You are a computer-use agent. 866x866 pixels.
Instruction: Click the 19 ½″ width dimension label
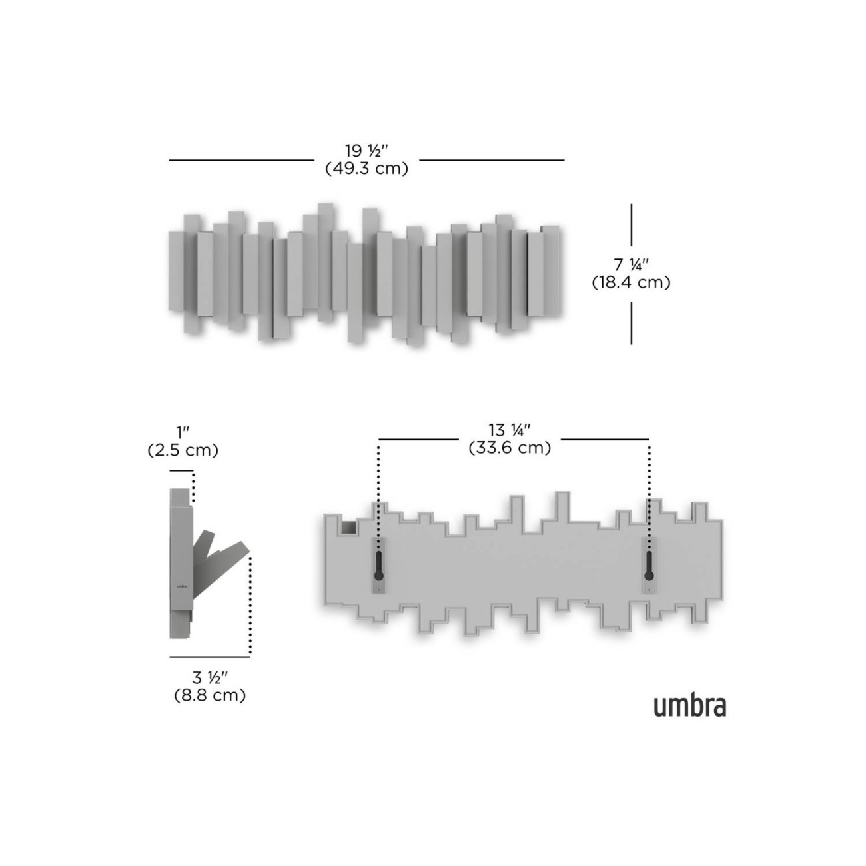point(366,150)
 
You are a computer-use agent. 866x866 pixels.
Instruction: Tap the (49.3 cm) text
point(366,169)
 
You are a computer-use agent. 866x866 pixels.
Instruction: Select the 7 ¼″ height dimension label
point(631,264)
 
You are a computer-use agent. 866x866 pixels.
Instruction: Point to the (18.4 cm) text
point(631,282)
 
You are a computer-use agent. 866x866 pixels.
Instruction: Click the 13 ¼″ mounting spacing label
point(510,430)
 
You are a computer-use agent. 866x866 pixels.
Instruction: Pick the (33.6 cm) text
point(510,448)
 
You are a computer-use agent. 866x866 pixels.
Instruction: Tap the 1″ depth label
point(183,432)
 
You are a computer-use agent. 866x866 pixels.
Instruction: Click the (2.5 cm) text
point(183,450)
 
